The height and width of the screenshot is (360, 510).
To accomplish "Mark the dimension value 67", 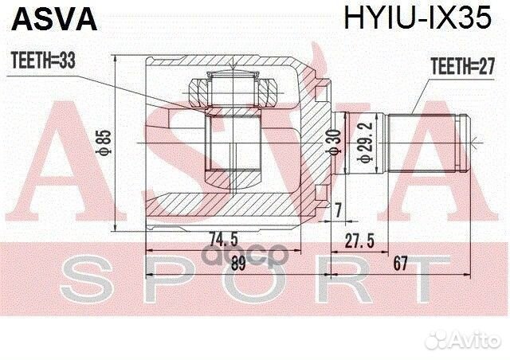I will tap(405, 267).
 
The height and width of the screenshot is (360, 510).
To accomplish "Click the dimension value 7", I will tap(339, 209).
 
